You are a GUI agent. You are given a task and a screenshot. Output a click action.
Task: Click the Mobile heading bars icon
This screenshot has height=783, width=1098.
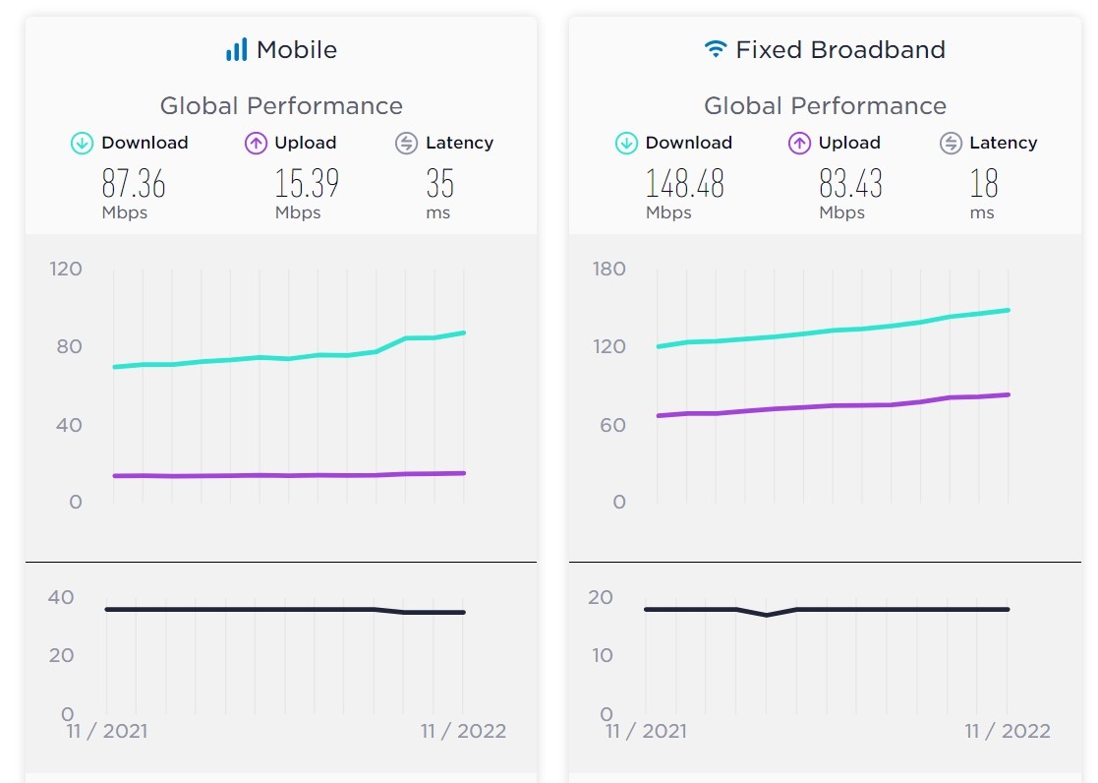coord(236,50)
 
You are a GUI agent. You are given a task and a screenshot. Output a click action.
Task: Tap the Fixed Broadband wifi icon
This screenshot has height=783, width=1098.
coord(716,49)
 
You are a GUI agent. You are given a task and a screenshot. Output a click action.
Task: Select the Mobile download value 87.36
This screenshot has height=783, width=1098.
coord(134,184)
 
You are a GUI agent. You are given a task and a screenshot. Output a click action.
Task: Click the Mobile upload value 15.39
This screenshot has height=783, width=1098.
coord(307,184)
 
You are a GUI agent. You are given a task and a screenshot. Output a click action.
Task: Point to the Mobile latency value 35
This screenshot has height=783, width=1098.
coord(439,184)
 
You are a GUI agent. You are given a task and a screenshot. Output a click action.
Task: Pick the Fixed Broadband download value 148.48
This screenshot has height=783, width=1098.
coord(684,184)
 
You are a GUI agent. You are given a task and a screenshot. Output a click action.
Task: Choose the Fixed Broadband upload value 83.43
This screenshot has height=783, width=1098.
coord(850,184)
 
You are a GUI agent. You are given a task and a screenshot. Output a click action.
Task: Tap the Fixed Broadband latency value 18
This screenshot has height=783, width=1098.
coord(983,184)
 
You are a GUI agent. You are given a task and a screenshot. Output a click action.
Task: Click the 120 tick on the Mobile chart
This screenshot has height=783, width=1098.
coord(66,269)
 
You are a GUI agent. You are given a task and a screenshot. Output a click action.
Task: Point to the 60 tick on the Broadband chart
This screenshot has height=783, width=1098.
coord(612,425)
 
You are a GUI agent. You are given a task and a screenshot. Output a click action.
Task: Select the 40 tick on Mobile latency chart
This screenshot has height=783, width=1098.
coord(61,597)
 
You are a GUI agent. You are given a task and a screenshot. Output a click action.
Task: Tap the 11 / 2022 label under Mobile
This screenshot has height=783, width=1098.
coord(463,731)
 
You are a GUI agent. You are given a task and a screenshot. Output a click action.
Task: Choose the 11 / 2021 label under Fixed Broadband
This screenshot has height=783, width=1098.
coord(646,731)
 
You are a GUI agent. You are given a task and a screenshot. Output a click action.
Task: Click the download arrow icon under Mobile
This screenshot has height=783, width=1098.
coord(83,144)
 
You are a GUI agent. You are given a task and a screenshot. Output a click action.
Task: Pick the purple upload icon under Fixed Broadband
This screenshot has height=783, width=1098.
coord(800,144)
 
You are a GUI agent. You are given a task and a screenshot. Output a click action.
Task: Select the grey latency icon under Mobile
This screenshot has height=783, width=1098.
coord(406,144)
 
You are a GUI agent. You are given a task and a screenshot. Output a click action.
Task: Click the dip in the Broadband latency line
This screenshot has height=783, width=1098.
coord(767,615)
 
